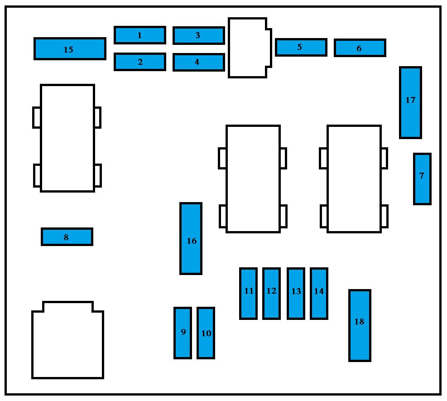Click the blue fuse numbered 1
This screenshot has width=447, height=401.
139,35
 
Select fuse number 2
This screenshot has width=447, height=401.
139,62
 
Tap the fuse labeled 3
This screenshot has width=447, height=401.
198,35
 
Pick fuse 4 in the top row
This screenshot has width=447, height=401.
198,63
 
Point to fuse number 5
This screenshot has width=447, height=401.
301,47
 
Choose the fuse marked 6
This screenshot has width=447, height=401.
360,48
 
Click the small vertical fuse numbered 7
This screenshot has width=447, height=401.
422,179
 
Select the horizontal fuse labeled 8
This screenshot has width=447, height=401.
67,237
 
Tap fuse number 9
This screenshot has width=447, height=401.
183,333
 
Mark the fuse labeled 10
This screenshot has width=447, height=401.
206,333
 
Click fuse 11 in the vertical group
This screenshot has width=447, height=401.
248,294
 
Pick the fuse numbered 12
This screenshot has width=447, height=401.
271,294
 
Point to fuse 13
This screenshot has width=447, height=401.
295,294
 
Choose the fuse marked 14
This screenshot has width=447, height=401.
318,294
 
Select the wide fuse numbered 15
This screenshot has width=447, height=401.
70,49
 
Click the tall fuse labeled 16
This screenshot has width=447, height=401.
191,238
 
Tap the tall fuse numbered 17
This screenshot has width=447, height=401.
410,102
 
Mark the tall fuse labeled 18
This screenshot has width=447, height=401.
360,325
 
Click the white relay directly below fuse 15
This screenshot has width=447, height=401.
67,138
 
